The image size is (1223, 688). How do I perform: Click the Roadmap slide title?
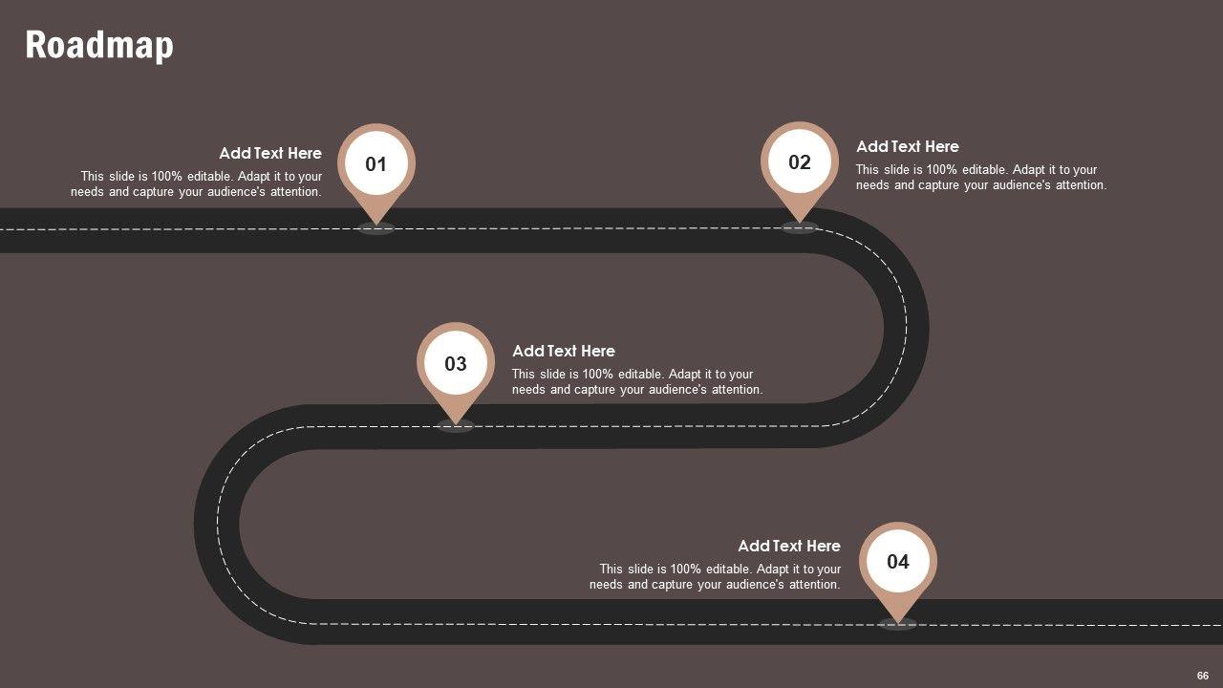click(99, 45)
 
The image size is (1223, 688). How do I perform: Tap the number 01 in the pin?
click(376, 164)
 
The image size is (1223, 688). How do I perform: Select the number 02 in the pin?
click(800, 162)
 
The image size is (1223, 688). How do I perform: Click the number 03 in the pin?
click(456, 363)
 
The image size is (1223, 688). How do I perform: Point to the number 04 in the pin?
click(898, 561)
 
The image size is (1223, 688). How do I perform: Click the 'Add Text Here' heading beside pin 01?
click(270, 153)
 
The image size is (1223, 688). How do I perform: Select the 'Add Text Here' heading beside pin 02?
click(908, 146)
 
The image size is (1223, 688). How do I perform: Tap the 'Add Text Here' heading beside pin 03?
click(564, 351)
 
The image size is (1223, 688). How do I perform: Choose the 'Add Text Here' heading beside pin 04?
click(789, 546)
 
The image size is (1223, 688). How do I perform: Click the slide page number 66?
click(1203, 676)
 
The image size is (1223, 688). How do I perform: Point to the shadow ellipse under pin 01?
click(376, 228)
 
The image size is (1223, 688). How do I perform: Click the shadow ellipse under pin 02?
click(800, 227)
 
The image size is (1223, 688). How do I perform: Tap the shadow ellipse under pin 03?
click(456, 426)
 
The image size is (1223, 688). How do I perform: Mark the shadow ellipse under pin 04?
click(898, 624)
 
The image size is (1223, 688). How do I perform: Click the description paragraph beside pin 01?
click(197, 184)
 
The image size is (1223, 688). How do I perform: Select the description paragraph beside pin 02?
click(981, 178)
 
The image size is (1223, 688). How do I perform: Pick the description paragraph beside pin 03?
click(637, 382)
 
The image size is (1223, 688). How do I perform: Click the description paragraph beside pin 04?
click(716, 577)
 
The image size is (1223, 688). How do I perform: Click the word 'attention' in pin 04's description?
click(812, 585)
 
